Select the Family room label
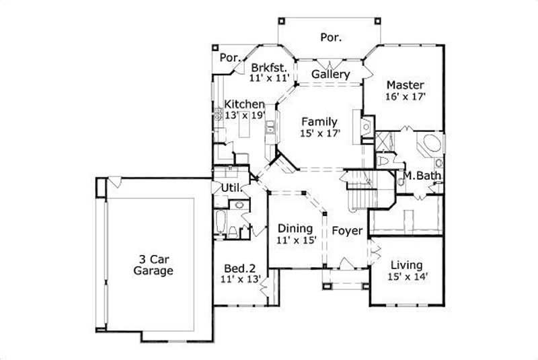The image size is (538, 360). coord(319,122)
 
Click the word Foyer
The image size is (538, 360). coord(347,231)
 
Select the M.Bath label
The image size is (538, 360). coord(422,176)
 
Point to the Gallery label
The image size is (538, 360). coord(331,74)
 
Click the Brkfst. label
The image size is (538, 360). coord(269,67)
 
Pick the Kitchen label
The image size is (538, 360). coord(244,104)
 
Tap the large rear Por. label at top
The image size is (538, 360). coord(330,38)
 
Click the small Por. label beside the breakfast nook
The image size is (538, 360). coord(230,58)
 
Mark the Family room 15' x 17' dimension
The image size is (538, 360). coord(319,133)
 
